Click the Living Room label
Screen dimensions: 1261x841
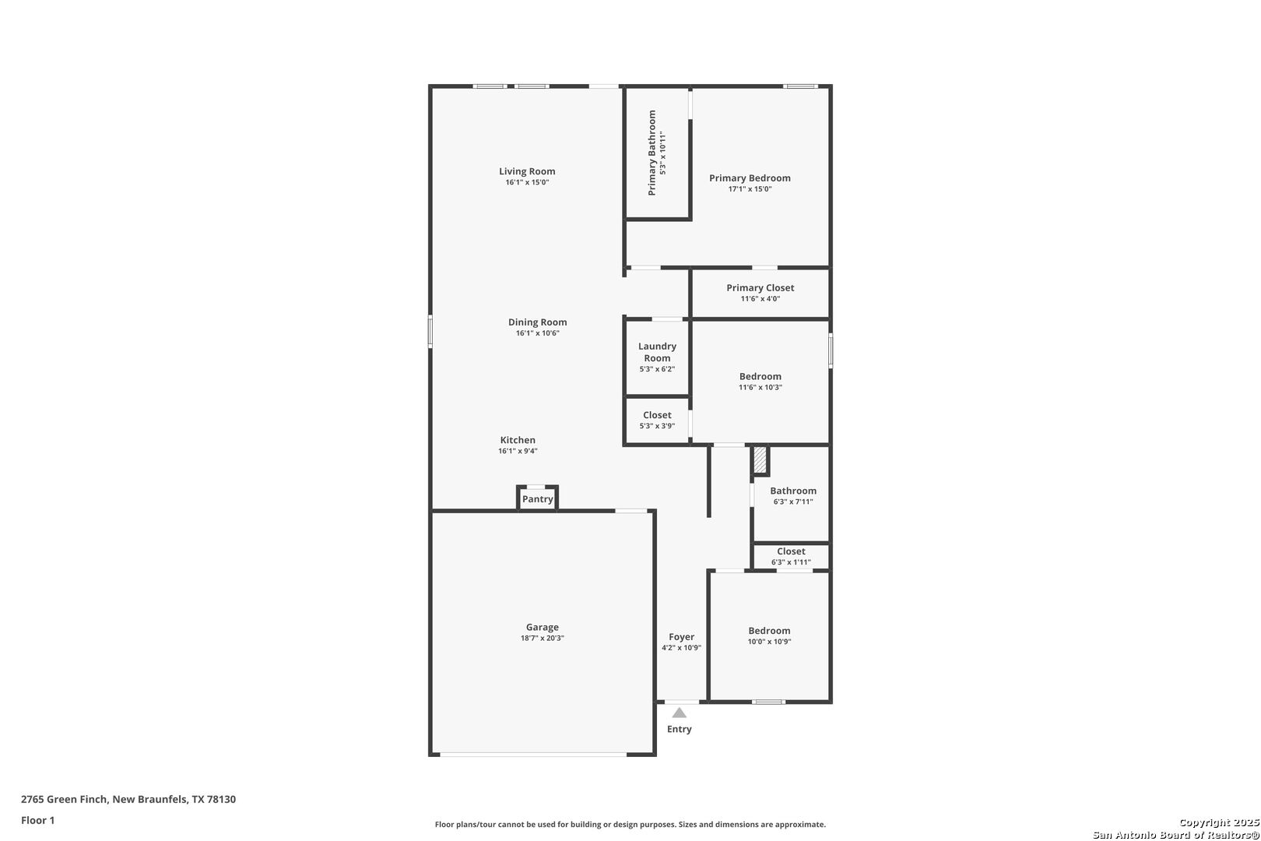pos(527,171)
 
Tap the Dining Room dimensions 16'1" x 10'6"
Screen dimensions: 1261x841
pos(538,333)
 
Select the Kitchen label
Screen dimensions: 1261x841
pos(518,440)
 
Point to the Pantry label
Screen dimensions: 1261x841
pos(538,499)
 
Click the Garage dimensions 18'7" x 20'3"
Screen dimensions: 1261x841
pos(542,639)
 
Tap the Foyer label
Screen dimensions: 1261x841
pos(681,637)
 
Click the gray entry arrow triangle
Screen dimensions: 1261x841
pos(680,713)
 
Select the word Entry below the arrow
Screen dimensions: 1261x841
pos(680,729)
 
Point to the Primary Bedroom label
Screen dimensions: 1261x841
pos(750,178)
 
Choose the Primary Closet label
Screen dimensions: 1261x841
pos(760,288)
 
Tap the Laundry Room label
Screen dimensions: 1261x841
pos(657,352)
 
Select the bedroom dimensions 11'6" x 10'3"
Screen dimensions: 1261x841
pos(760,388)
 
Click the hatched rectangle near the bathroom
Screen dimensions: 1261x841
pos(760,459)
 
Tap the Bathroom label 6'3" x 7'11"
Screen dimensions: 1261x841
pos(793,496)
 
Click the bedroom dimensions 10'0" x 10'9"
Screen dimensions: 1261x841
pos(769,642)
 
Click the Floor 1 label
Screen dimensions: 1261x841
pos(37,820)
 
